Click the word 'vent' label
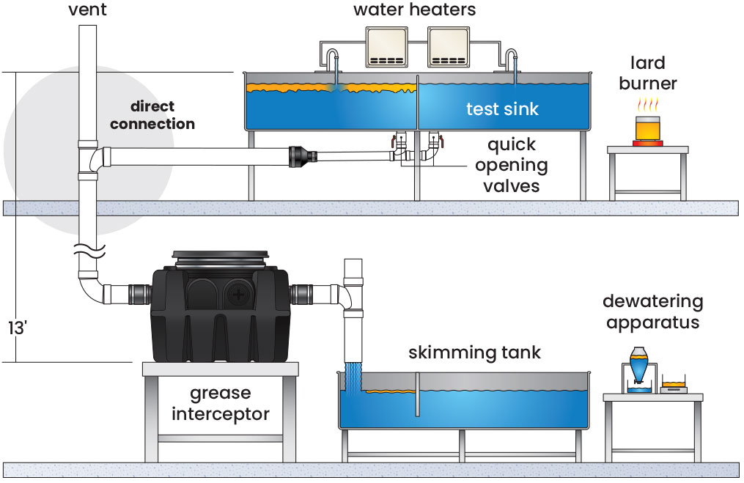coord(86,10)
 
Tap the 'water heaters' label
coord(414,10)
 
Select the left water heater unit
coord(390,47)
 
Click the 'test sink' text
coord(503,109)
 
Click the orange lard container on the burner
coord(647,129)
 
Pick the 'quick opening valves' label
coord(511,165)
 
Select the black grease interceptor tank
coord(221,308)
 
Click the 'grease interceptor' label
coord(221,404)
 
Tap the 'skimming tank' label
coord(475,353)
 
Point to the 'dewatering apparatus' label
coord(652,311)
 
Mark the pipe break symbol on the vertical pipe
coord(87,253)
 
